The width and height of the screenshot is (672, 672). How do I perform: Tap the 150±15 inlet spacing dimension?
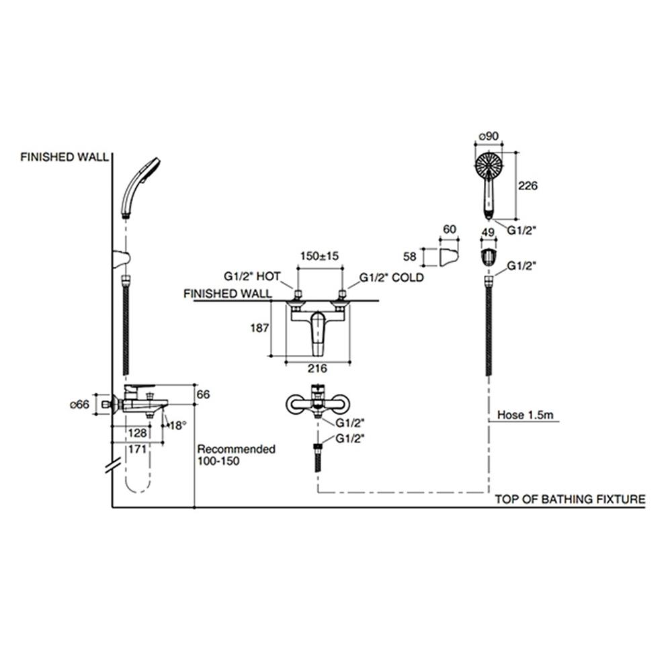pos(319,256)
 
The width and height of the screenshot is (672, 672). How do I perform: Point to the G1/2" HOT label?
pos(252,277)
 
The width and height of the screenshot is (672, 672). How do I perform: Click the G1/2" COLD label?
pos(392,277)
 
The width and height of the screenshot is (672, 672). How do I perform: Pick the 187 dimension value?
pos(259,329)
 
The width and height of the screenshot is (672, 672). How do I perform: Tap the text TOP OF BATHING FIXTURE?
pos(570,499)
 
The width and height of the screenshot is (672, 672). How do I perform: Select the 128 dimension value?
pos(138,433)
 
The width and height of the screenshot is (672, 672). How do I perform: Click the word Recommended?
pos(236,449)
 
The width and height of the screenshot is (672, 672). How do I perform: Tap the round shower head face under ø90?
pos(489,166)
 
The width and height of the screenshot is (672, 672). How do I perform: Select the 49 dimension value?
pos(489,233)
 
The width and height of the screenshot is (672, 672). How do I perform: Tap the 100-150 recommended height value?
pos(218,462)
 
